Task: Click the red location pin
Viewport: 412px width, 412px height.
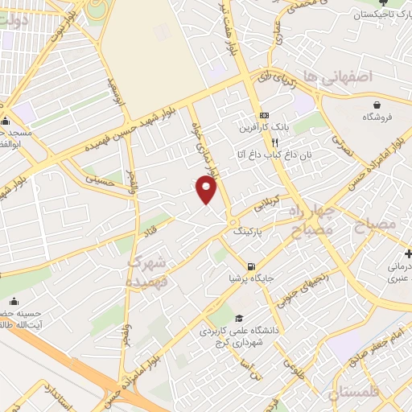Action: (207, 190)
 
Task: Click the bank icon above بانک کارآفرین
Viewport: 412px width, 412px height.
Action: (263, 114)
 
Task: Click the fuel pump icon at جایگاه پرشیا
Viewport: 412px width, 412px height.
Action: (252, 267)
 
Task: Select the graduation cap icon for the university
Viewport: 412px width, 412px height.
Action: (238, 319)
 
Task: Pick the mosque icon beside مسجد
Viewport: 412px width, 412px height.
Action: (6, 122)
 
